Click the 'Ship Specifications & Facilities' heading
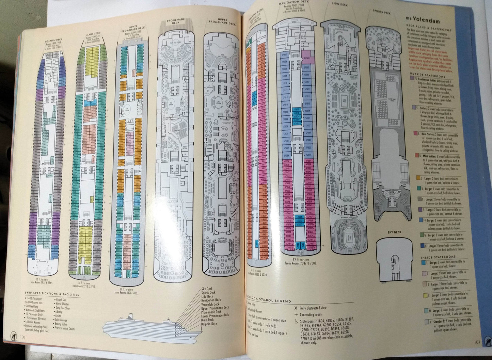click(x=52, y=295)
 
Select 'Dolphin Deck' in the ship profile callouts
click(x=209, y=324)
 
